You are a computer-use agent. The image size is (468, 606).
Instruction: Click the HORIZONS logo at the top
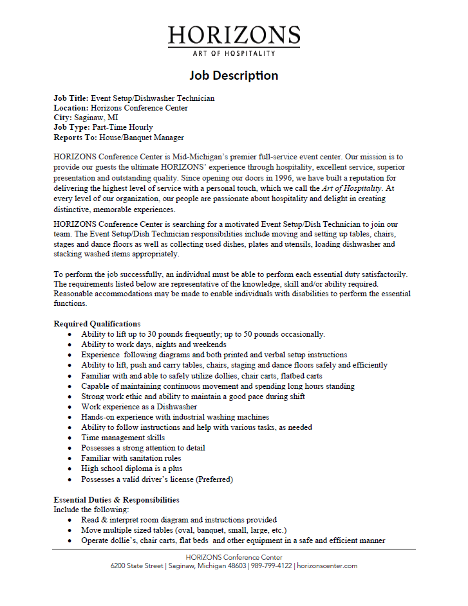tap(234, 39)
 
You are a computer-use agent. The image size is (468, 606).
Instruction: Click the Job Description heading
tap(234, 75)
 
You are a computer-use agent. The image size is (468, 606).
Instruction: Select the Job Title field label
tap(71, 98)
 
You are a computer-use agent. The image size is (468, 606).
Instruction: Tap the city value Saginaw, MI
tap(95, 118)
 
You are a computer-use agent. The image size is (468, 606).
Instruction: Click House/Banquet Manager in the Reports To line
tap(142, 137)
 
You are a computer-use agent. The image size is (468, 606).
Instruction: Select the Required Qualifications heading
tap(97, 323)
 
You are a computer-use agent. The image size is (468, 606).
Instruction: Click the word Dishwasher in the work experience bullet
tap(175, 407)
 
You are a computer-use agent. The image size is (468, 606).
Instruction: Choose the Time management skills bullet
tap(123, 438)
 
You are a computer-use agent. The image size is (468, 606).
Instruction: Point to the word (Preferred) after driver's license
tap(214, 479)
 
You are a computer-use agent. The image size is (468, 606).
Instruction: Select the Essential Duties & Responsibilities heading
tap(116, 499)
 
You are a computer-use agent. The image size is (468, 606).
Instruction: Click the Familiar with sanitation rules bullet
tap(131, 458)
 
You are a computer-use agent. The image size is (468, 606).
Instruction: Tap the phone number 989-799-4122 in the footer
tap(270, 566)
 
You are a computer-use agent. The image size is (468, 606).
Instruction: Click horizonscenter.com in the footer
tap(328, 566)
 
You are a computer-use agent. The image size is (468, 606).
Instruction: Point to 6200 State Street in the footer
tap(136, 566)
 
